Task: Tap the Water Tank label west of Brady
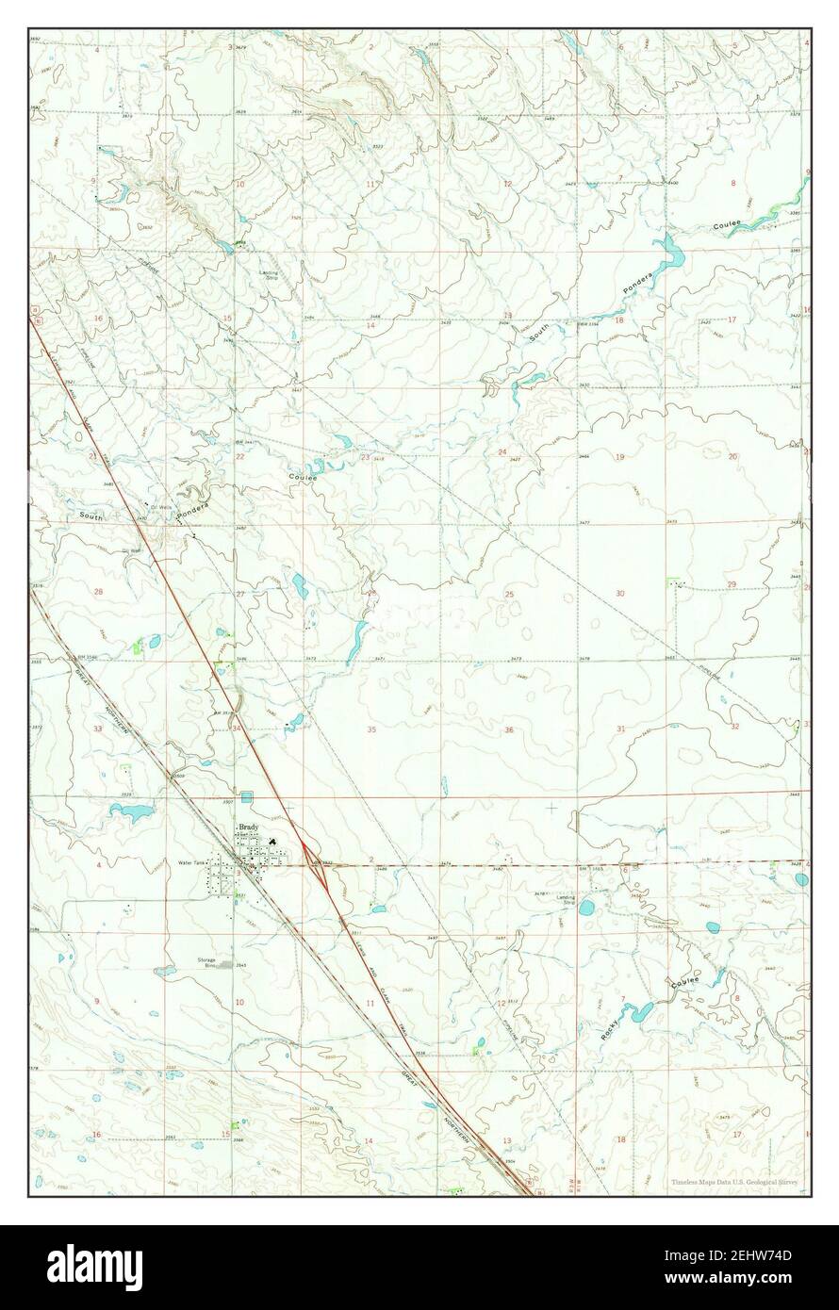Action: [191, 862]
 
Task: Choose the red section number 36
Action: [509, 729]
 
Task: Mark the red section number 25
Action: [509, 594]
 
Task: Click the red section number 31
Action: [620, 729]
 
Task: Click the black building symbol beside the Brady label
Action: [273, 842]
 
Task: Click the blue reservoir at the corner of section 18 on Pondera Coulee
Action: [671, 253]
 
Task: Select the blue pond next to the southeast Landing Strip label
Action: [587, 908]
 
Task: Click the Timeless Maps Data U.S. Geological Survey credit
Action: [732, 1182]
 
